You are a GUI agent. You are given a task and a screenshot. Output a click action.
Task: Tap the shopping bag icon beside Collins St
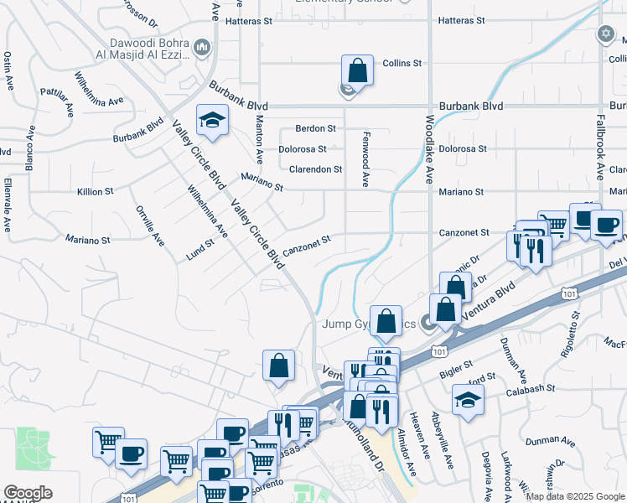tap(357, 71)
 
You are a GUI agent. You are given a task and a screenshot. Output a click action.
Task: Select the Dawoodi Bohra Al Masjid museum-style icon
tap(201, 49)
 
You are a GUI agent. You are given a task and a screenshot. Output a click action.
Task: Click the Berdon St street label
tap(315, 129)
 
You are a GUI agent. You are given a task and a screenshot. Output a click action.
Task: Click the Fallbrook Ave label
tap(600, 148)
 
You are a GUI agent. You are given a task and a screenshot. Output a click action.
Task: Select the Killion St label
tap(95, 192)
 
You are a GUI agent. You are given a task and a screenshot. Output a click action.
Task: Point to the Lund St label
tap(201, 249)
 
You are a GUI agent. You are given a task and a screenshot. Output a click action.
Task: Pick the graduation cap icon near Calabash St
tap(468, 399)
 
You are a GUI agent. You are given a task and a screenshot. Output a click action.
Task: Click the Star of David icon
tap(605, 34)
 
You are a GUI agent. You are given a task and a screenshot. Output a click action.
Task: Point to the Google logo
tap(28, 493)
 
